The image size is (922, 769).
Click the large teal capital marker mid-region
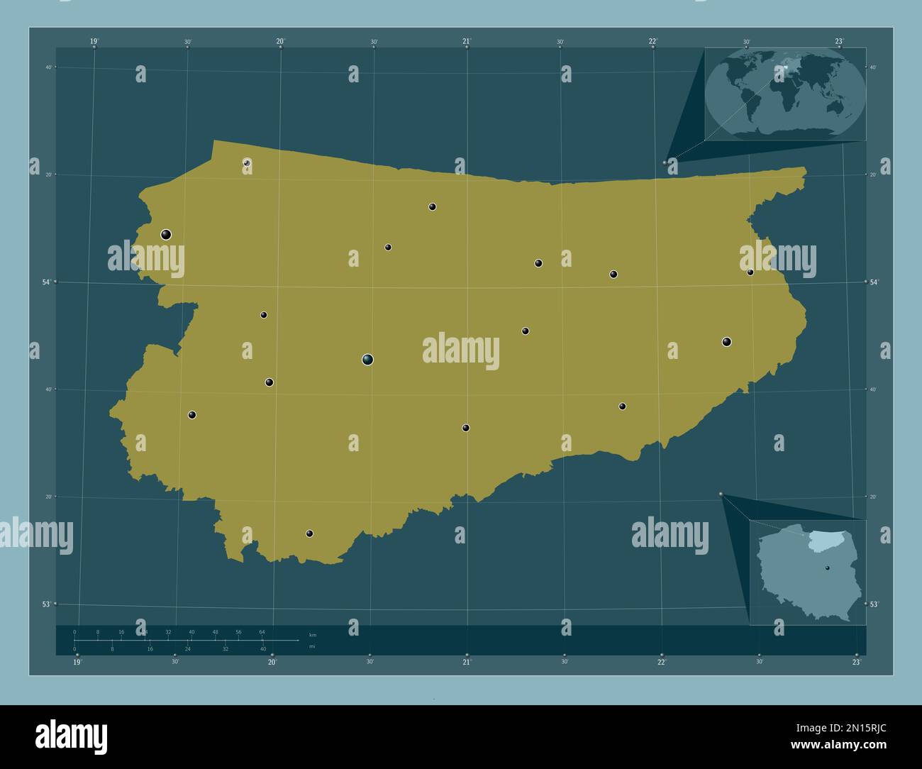tap(367, 360)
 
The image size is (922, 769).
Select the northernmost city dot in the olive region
tap(247, 162)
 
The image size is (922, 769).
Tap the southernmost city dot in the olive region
tap(309, 533)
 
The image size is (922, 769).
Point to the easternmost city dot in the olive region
tap(750, 272)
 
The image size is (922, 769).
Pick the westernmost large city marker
tap(166, 234)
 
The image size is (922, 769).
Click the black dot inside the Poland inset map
tap(827, 568)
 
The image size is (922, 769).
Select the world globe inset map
tap(786, 94)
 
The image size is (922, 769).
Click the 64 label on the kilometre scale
tap(262, 631)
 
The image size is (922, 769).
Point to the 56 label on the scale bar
tap(238, 631)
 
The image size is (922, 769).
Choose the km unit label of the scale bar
tap(313, 634)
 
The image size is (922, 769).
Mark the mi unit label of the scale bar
tap(313, 646)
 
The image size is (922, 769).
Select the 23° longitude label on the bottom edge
tap(857, 662)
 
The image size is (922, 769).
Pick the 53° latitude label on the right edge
tap(874, 604)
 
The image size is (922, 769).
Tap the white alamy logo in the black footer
tap(71, 736)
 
